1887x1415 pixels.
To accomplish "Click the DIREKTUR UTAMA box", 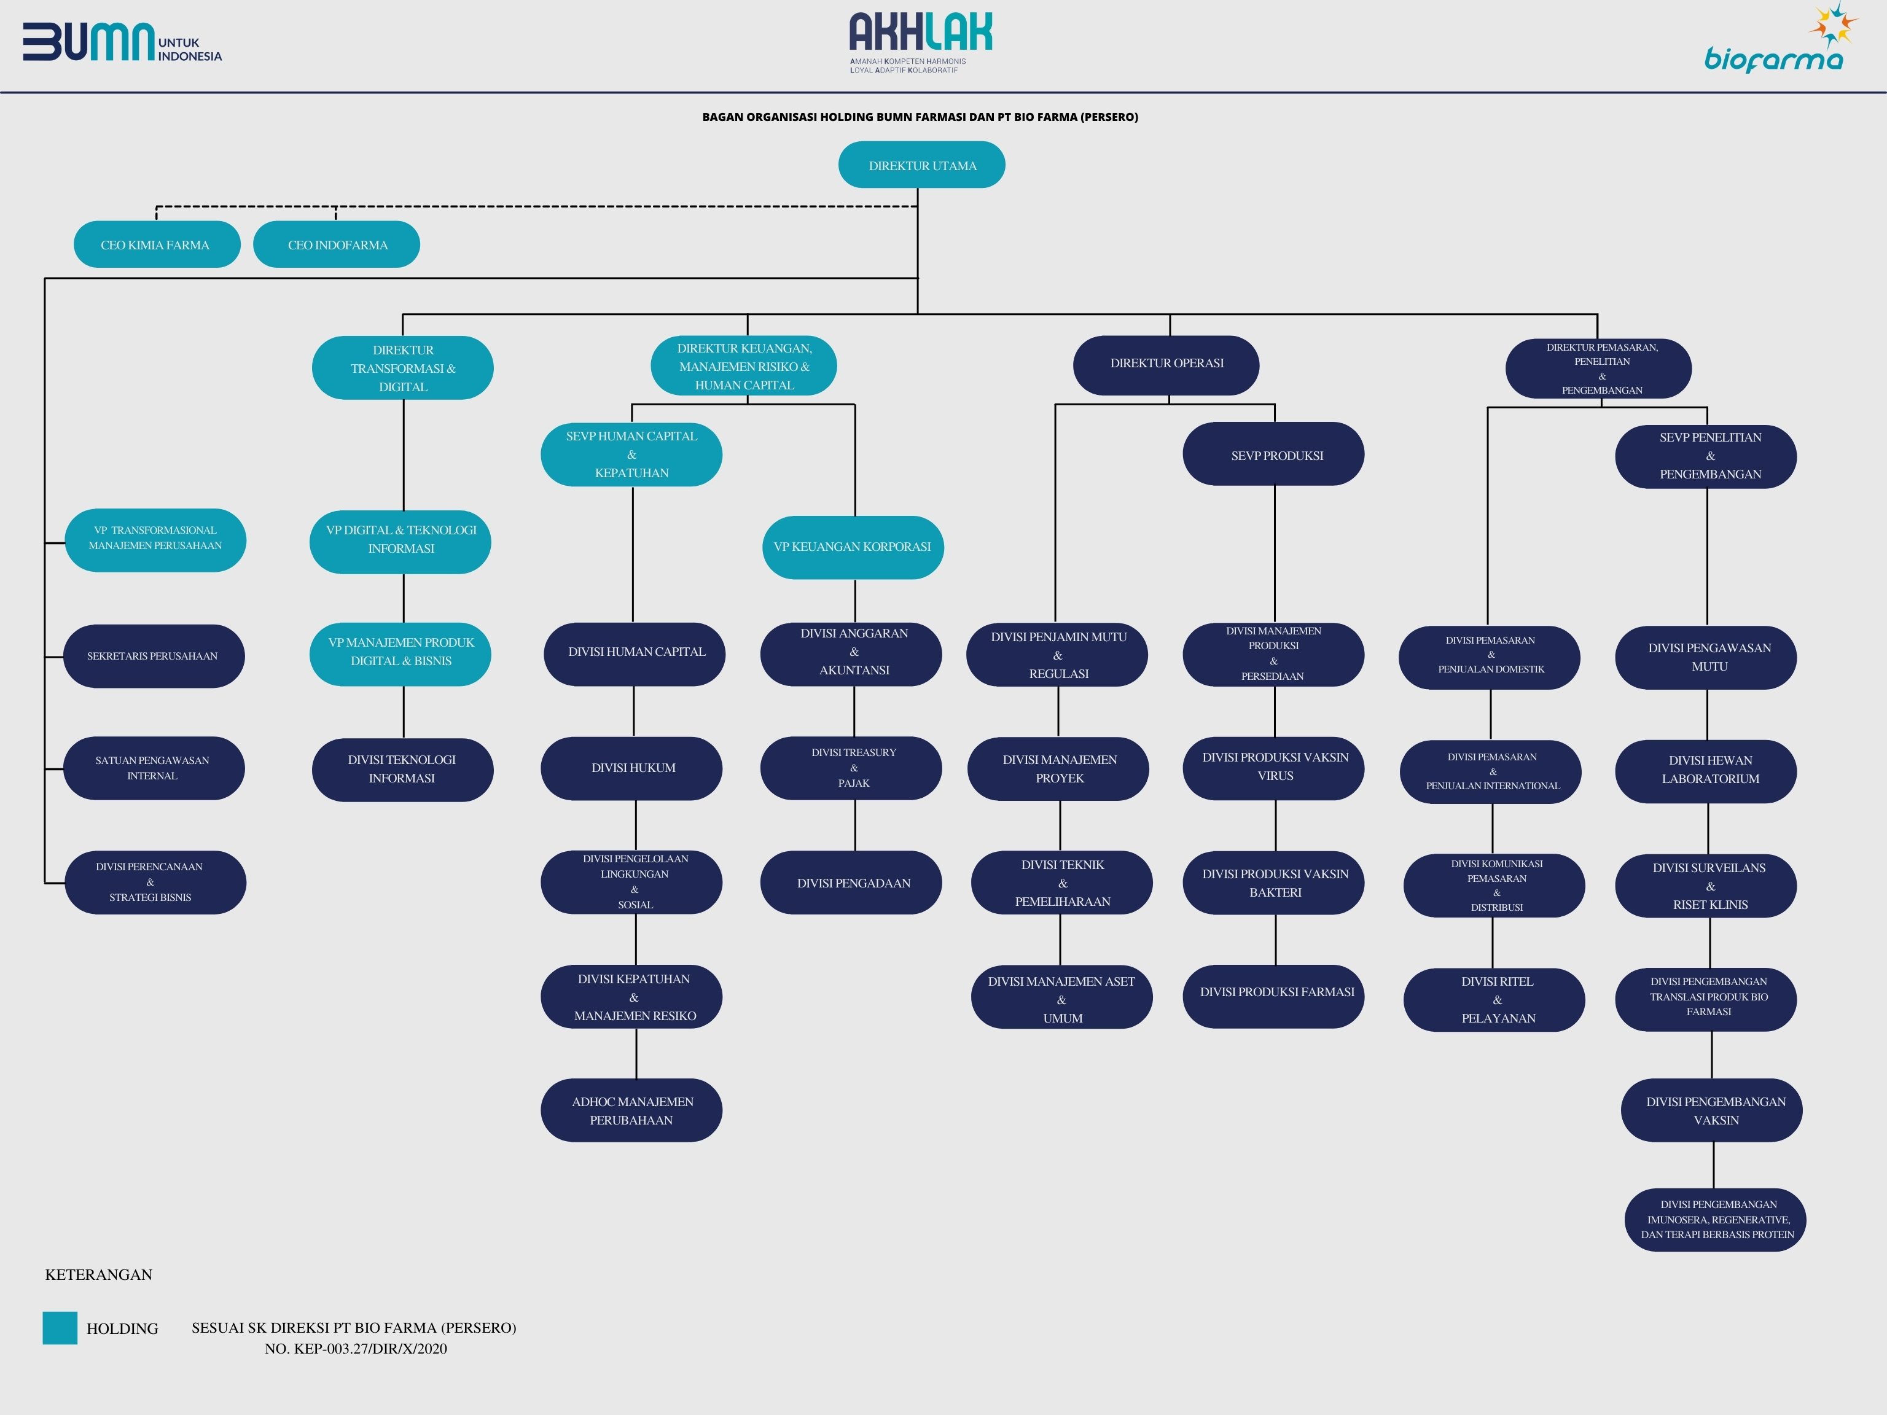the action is click(x=921, y=165).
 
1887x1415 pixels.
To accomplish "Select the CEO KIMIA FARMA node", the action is click(x=157, y=245).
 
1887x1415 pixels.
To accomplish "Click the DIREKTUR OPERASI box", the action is click(x=1166, y=365).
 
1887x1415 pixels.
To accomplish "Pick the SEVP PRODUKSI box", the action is click(x=1273, y=454).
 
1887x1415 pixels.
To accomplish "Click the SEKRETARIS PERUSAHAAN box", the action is click(x=154, y=656).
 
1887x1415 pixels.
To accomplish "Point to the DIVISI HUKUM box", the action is click(x=631, y=768).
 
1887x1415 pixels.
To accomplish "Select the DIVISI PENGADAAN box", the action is click(x=851, y=883).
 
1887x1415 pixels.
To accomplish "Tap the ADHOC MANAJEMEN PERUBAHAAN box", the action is click(x=631, y=1110).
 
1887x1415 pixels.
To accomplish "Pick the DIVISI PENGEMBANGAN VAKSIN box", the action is click(x=1711, y=1110).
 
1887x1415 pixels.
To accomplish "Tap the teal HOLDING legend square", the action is click(x=60, y=1328).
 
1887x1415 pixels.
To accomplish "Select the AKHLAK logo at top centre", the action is click(x=921, y=42).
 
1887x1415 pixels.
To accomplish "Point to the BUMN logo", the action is click(x=122, y=42).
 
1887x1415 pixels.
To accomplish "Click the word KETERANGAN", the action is click(x=99, y=1274).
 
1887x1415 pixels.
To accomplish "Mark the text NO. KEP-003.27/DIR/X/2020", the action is click(x=356, y=1349).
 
